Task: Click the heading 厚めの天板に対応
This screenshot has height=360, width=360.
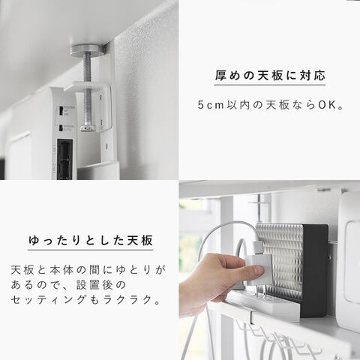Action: (270, 75)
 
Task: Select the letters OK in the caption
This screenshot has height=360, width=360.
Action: (327, 105)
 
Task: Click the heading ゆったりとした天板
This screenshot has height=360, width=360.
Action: (90, 240)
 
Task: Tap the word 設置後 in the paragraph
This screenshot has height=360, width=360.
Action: (94, 285)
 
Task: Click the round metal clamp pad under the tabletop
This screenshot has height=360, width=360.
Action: (87, 49)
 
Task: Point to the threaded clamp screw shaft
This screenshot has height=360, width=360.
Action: (87, 90)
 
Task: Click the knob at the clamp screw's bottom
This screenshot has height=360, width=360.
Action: (88, 128)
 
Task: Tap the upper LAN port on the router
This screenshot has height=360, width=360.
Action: (64, 149)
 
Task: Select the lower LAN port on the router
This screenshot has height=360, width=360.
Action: (64, 169)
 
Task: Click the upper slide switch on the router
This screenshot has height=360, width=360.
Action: (60, 111)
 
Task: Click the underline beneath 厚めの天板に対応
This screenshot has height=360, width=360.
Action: (270, 85)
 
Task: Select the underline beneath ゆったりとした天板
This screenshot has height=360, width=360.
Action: (90, 250)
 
